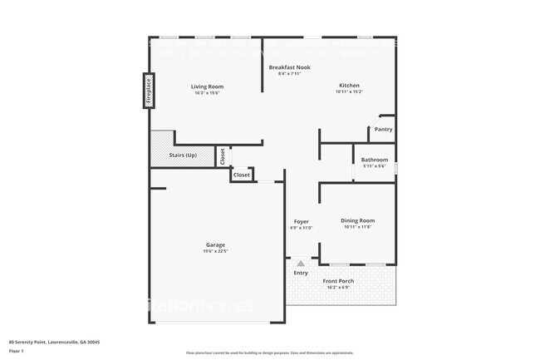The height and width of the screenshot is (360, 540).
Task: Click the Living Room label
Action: point(207,86)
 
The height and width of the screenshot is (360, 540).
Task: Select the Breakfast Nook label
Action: point(289,67)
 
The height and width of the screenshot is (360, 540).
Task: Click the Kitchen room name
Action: point(349,86)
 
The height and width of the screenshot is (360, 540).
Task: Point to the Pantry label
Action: point(383,129)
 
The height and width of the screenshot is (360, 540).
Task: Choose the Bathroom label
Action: point(375,160)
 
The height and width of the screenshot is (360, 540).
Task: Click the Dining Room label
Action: point(357,220)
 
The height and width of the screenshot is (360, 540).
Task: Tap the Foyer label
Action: point(301,221)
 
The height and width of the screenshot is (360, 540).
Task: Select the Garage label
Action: point(215,244)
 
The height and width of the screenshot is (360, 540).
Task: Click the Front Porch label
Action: point(338,281)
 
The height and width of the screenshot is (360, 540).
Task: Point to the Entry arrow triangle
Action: point(301,262)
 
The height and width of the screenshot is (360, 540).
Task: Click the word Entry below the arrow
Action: point(301,273)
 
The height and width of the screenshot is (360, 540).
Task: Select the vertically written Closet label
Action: point(223,155)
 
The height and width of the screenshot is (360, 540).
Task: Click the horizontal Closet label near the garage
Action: point(241,175)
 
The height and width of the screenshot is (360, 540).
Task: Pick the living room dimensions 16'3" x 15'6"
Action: point(207,93)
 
